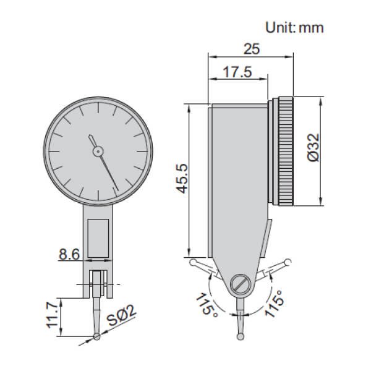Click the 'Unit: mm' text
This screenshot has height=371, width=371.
tap(294, 27)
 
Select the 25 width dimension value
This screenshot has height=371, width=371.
tap(250, 48)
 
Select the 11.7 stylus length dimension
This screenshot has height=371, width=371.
tap(53, 316)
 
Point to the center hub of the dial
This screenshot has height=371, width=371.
tap(97, 150)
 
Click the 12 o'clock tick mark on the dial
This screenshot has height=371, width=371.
tap(97, 109)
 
